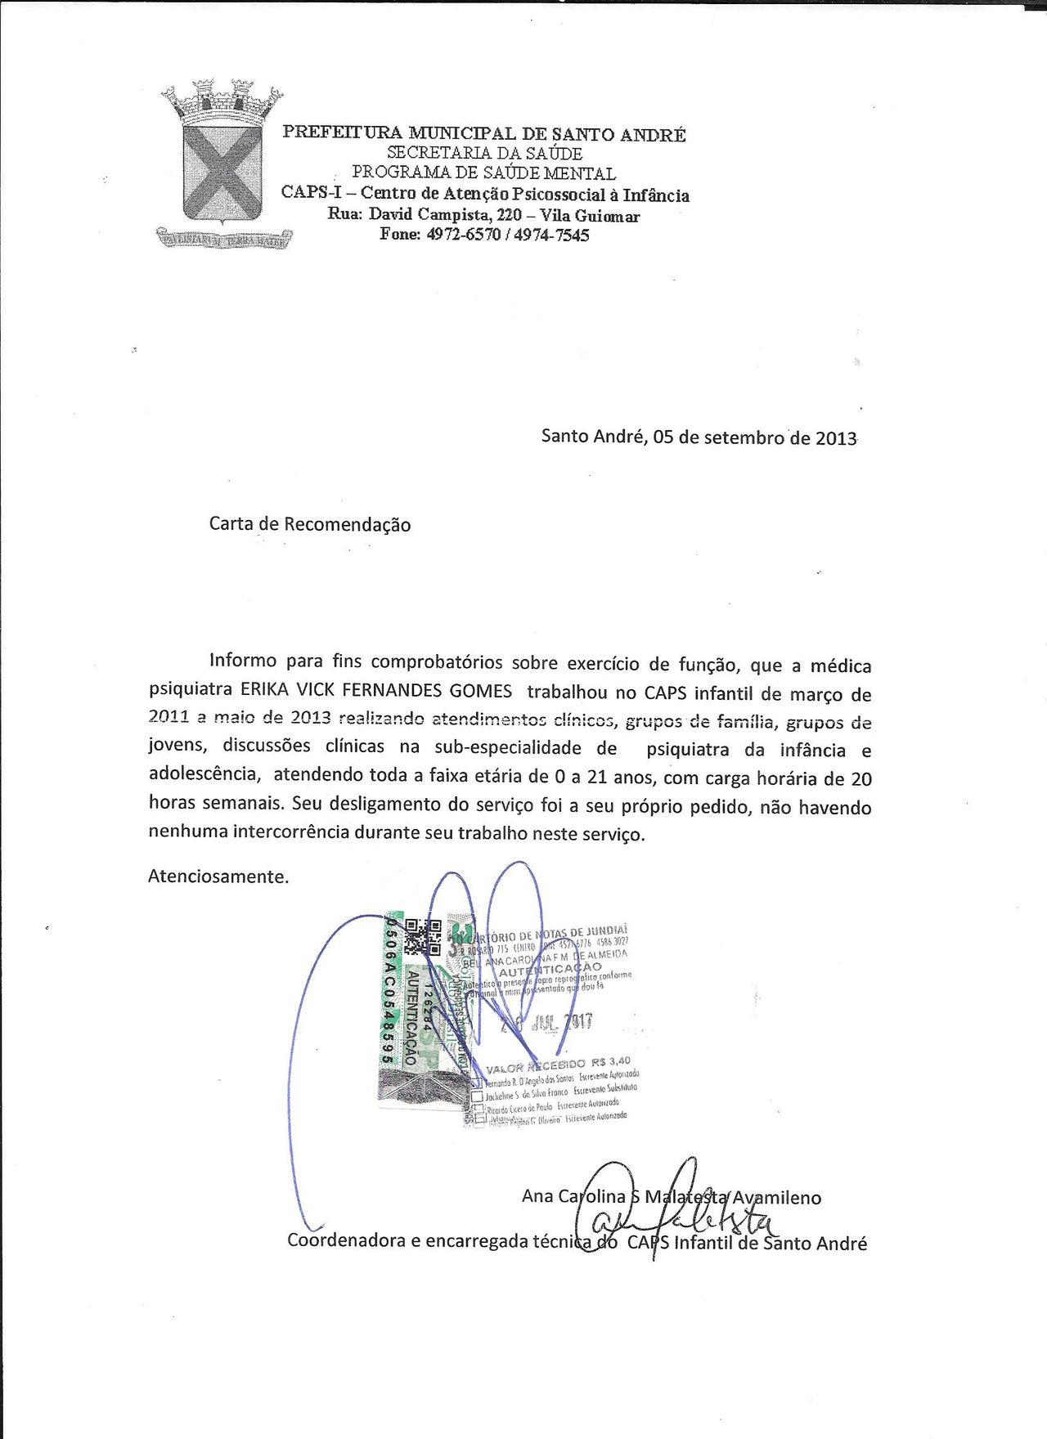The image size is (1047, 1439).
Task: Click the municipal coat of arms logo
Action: point(222,164)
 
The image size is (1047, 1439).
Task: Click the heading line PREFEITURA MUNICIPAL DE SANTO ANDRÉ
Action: point(483,133)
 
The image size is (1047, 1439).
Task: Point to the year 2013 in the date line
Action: point(835,438)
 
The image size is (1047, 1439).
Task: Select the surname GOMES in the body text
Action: point(481,691)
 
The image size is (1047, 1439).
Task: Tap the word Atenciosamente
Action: point(218,877)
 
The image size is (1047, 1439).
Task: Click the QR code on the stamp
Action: point(424,936)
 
